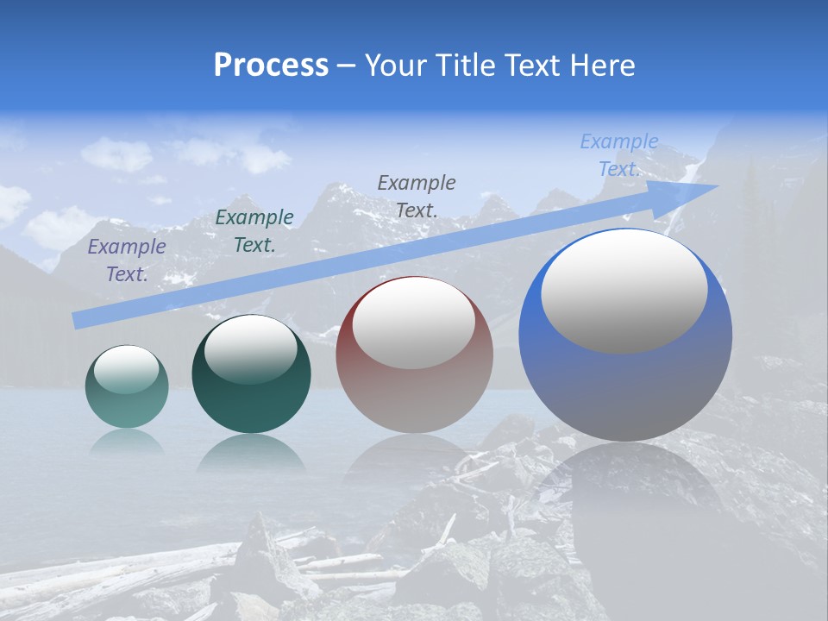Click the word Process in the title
coord(271,65)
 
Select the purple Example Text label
coord(127,260)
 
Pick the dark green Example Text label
coord(254,230)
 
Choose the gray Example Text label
coord(417,196)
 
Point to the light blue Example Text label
coord(619,155)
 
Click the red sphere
coord(415,397)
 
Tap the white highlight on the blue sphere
coord(624,291)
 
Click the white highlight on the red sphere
coord(414,322)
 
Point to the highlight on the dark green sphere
coord(251,349)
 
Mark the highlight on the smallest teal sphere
coord(126,368)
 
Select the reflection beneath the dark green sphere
coord(251,453)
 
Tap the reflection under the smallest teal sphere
coord(127,442)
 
